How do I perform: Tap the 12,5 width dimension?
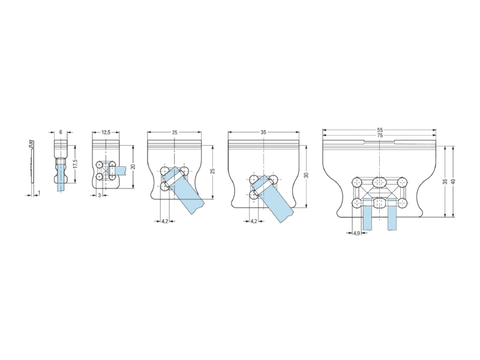pos(106,132)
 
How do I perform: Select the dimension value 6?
pos(61,132)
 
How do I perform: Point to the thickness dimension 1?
pos(39,193)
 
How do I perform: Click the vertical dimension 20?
pos(133,167)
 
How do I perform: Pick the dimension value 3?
pos(100,195)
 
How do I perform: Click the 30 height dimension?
pos(307,175)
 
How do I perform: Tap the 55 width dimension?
pos(380,130)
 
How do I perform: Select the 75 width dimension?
pos(380,135)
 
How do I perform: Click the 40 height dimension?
pos(454,181)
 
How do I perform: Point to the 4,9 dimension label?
pos(356,233)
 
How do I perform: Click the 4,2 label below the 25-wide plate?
pos(164,221)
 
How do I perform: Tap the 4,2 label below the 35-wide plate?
pos(254,221)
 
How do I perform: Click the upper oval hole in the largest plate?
pos(380,182)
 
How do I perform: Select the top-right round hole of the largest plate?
pos(402,182)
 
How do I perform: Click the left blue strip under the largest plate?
pos(367,214)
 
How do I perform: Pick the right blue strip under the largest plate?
pos(392,214)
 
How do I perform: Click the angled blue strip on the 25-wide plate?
pos(182,190)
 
